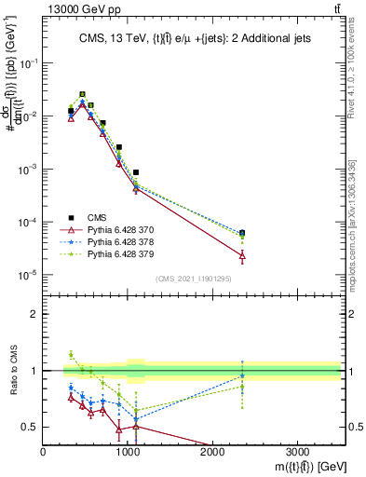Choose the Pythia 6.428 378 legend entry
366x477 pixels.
coord(112,240)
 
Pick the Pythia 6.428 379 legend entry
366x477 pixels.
coord(112,252)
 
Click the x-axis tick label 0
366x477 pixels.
coord(44,451)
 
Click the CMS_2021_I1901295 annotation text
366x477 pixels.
coord(193,279)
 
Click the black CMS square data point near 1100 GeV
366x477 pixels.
coord(136,172)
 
